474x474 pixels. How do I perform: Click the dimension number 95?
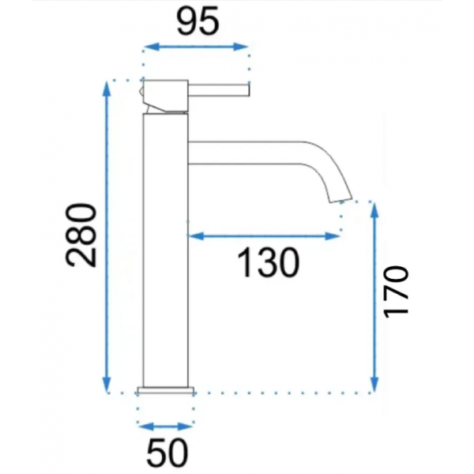point(197,23)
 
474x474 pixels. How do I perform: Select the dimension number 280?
point(81,235)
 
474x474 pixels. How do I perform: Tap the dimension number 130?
point(269,262)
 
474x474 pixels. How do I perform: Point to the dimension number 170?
point(397,292)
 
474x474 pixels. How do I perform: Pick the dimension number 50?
point(167,453)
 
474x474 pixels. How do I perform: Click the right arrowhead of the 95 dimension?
point(241,47)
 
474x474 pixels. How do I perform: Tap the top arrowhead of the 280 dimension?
point(107,88)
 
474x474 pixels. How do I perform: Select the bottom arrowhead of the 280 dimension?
point(107,385)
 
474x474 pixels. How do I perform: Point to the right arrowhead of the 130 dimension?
point(333,236)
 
